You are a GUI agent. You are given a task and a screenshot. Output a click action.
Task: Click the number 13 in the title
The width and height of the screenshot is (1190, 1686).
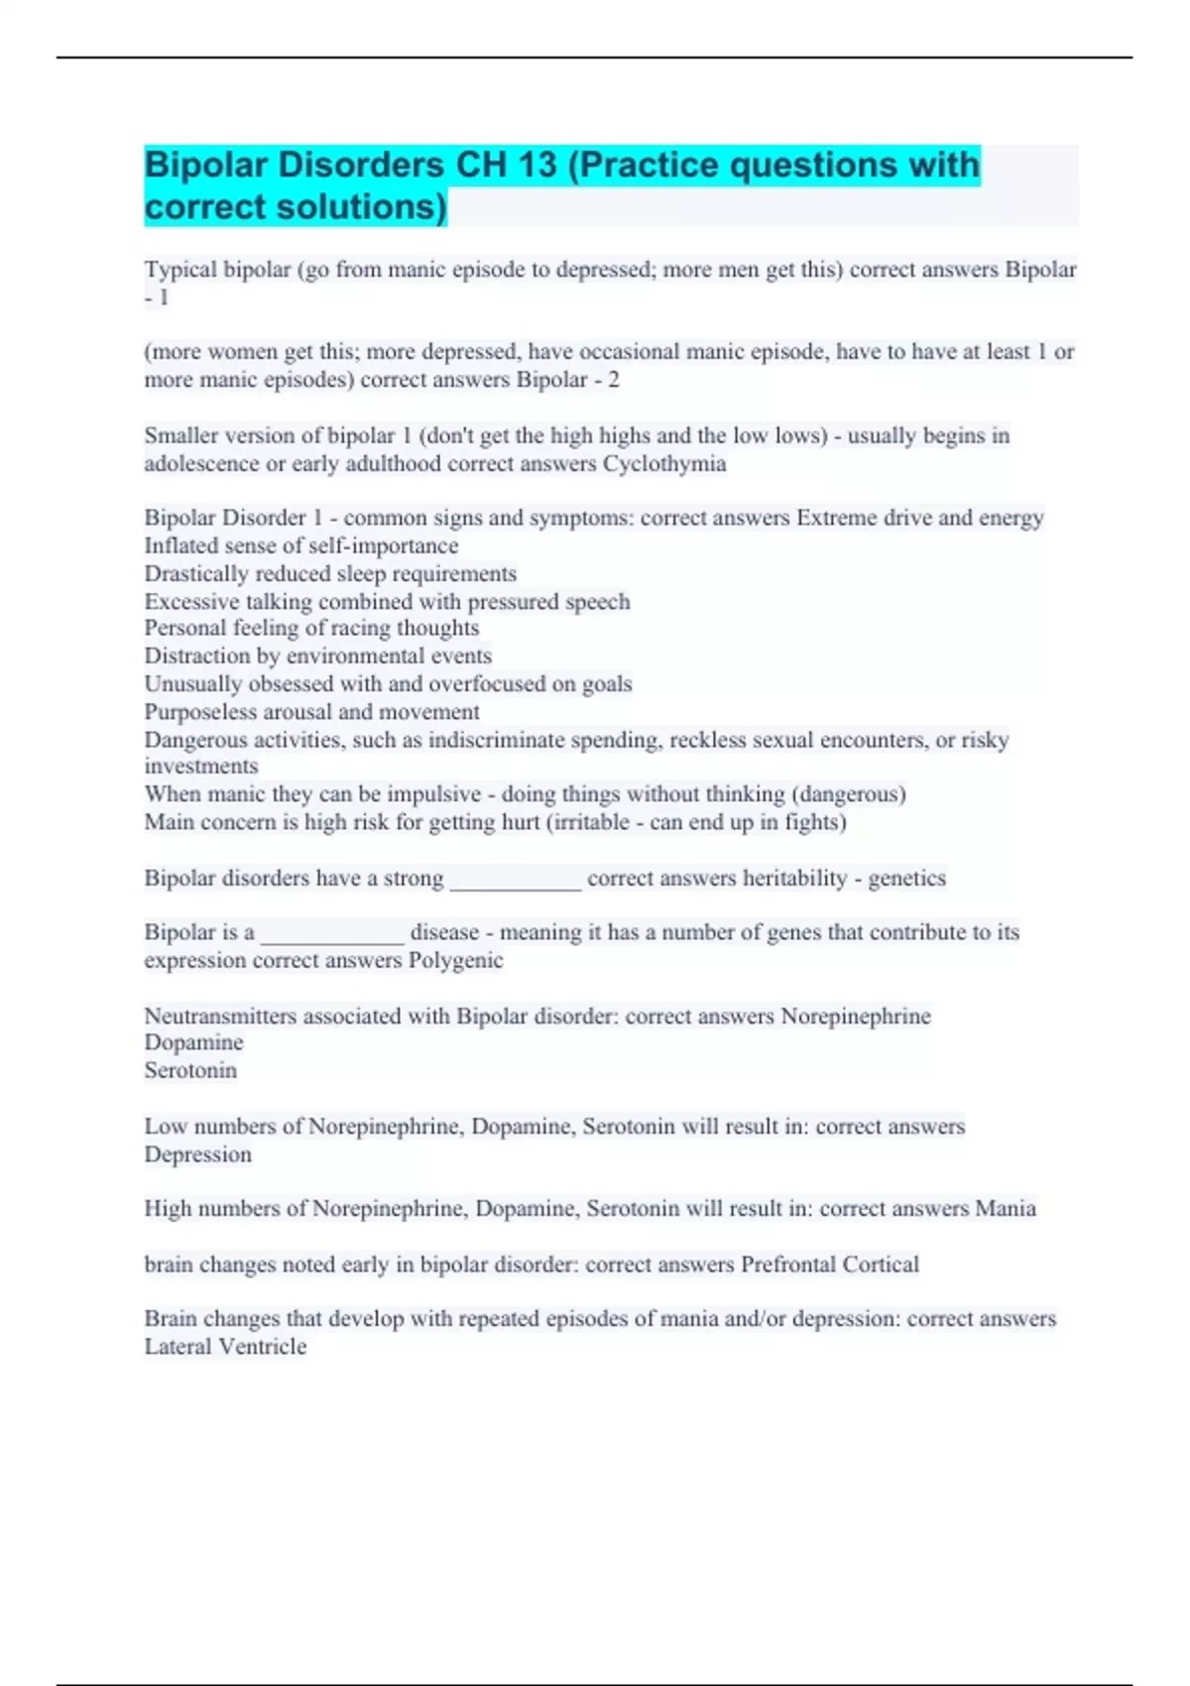[535, 165]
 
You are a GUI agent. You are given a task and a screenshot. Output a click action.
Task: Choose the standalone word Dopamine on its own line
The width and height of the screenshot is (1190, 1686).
[193, 1042]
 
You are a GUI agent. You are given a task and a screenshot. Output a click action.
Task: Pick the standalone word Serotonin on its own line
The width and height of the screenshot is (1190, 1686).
[190, 1070]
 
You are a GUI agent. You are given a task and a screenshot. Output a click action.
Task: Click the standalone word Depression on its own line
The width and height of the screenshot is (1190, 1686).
[197, 1154]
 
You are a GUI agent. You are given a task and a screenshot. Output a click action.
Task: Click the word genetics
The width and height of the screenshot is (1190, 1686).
[906, 879]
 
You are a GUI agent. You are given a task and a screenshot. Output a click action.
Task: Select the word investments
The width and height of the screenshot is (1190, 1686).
[201, 767]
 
